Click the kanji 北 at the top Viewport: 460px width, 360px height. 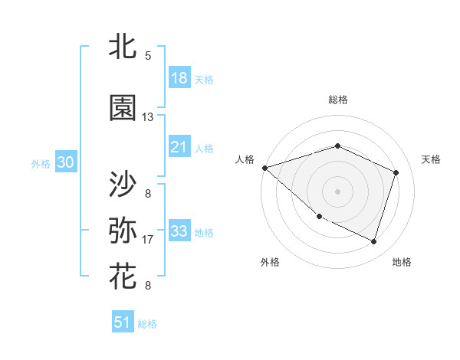pos(123,48)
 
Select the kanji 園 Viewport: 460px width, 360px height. pos(123,109)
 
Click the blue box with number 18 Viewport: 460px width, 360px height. pos(179,78)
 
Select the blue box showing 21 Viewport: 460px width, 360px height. pos(179,147)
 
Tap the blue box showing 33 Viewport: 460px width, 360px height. pos(179,231)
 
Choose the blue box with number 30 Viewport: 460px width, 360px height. pos(65,162)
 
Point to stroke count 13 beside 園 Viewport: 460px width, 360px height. pos(148,117)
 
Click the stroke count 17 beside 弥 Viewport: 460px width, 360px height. pos(148,240)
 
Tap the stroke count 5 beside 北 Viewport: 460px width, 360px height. pos(148,56)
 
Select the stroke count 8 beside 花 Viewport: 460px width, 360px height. pos(148,286)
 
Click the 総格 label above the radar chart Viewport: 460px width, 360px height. pos(337,100)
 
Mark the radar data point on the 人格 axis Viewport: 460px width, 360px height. pos(264,168)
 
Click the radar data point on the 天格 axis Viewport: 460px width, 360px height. pos(396,172)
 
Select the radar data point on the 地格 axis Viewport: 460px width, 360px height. pos(373,242)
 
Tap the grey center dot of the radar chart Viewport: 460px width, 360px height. pos(337,191)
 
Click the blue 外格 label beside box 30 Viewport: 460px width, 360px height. pos(41,163)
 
